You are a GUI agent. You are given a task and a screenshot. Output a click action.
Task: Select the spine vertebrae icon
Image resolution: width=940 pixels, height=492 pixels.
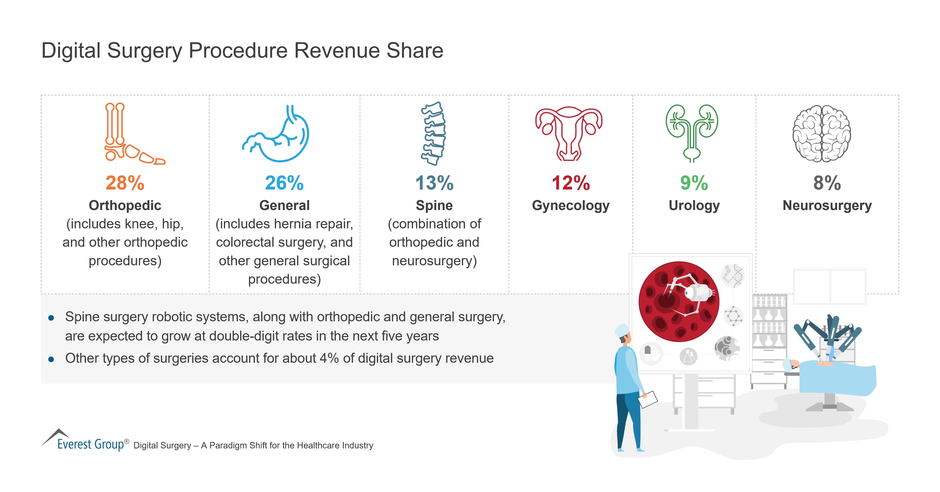pyautogui.click(x=433, y=134)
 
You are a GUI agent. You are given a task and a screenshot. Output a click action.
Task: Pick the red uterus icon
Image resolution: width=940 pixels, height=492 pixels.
pyautogui.click(x=568, y=134)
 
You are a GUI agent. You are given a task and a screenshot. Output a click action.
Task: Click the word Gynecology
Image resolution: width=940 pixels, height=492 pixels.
pyautogui.click(x=571, y=206)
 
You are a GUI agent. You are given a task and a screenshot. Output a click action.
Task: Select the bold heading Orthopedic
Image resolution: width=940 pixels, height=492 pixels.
pyautogui.click(x=125, y=206)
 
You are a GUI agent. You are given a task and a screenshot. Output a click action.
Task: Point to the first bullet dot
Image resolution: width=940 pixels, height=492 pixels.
pyautogui.click(x=51, y=318)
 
